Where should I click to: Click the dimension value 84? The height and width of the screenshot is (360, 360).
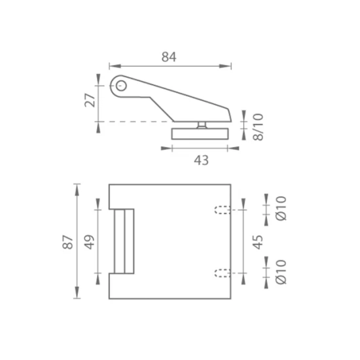coord(169,57)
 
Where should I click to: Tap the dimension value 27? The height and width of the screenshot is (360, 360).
coord(90,101)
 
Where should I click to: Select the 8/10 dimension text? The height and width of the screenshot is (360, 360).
coord(258,127)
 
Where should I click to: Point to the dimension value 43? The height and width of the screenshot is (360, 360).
coord(202,160)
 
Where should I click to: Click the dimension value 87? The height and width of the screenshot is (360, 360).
coord(67,242)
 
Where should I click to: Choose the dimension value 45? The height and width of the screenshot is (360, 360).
coord(258,242)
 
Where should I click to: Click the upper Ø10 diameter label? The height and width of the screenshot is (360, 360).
coord(281,208)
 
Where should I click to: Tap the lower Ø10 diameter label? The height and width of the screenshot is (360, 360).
coord(281,272)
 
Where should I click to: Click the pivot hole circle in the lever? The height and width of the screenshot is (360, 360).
coord(121,86)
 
